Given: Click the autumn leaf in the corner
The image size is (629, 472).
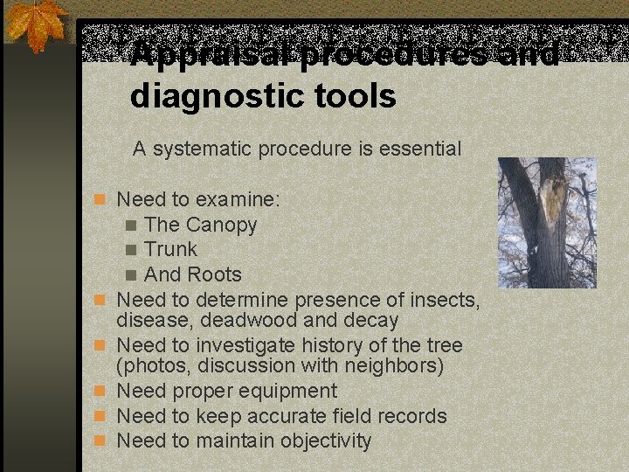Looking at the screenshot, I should [x=36, y=24].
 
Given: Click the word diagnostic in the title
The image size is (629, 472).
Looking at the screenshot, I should [x=222, y=96].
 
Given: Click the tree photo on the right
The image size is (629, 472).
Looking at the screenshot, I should [x=546, y=222].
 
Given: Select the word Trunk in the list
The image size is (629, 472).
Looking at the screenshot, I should [x=171, y=250].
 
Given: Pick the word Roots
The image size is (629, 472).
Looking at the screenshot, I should [x=214, y=274].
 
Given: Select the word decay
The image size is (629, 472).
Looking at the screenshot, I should [x=371, y=321].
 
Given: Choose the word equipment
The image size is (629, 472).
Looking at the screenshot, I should [x=287, y=392].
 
